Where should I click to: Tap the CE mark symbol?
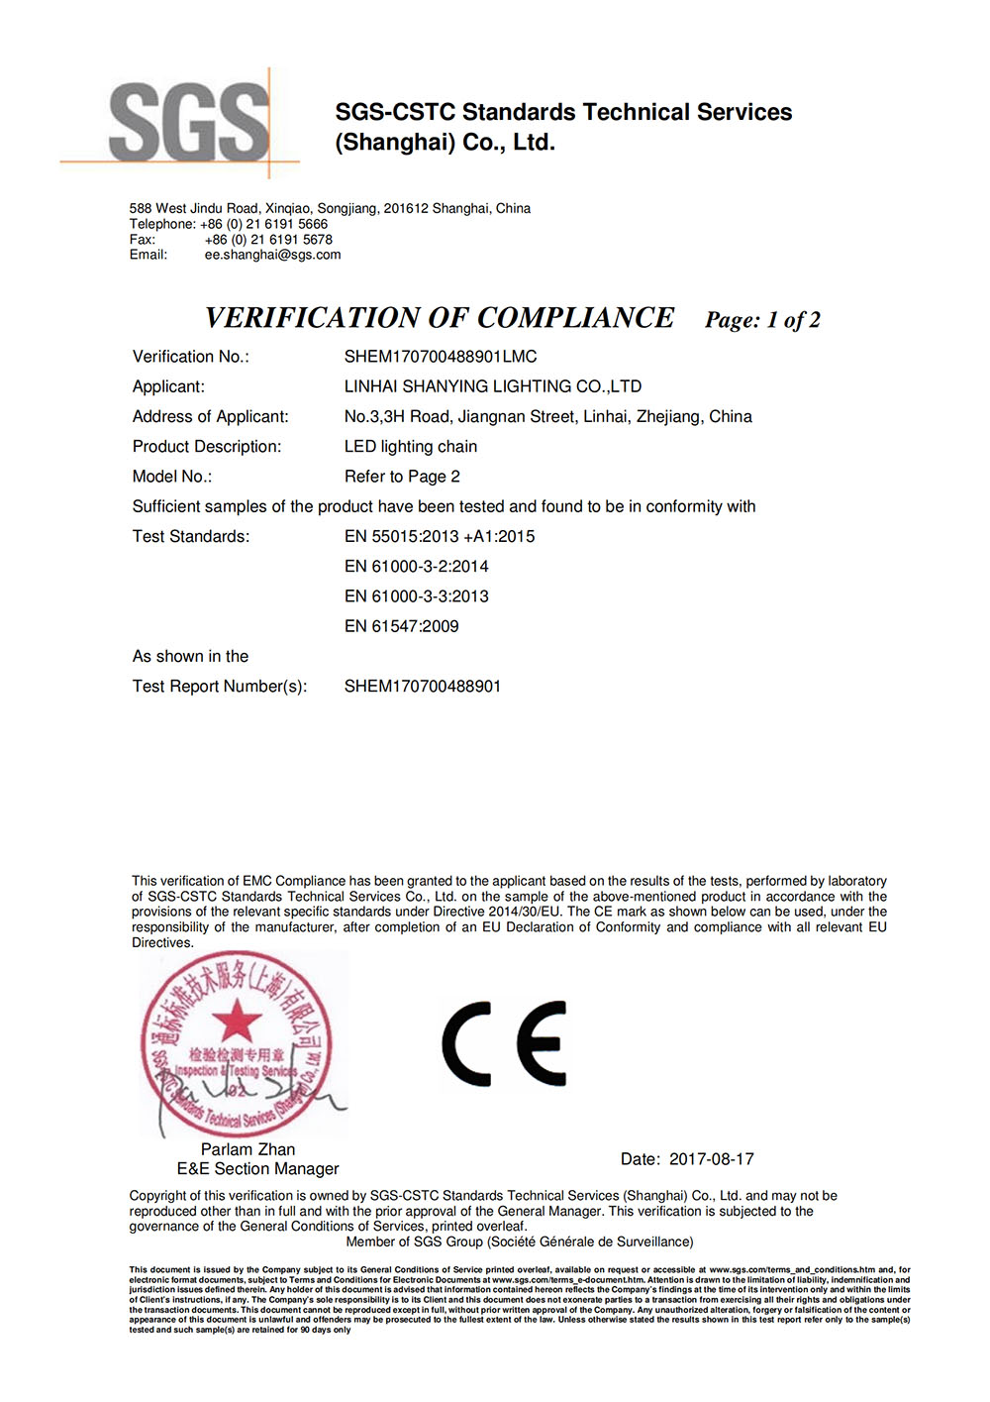tap(504, 1043)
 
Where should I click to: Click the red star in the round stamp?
tap(236, 1021)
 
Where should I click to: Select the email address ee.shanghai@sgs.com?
tap(272, 255)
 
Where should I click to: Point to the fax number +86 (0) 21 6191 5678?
tap(268, 240)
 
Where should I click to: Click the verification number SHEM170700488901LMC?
tap(441, 357)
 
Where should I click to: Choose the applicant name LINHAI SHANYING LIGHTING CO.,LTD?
tap(493, 386)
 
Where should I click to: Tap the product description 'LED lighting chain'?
tap(411, 447)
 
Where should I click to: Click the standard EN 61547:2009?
tap(401, 626)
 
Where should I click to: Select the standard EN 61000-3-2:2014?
tap(416, 567)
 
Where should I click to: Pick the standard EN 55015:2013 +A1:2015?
tap(440, 537)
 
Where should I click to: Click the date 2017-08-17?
tap(711, 1159)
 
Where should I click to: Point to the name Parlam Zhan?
tap(247, 1149)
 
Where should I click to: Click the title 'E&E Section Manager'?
tap(257, 1169)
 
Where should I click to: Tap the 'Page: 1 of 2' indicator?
tap(762, 320)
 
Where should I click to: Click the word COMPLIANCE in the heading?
tap(575, 318)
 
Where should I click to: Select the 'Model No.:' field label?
tap(172, 477)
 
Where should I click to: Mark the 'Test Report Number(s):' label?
tap(220, 687)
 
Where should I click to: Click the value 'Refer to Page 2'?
tap(402, 477)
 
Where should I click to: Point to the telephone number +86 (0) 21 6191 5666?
tap(263, 224)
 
